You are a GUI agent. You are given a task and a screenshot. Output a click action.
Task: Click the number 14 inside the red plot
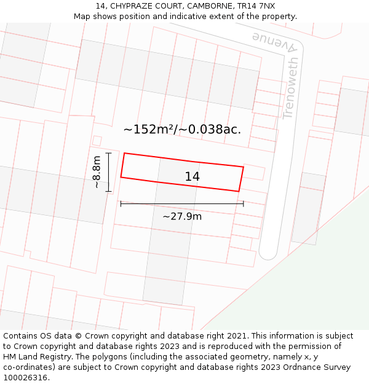coord(192,177)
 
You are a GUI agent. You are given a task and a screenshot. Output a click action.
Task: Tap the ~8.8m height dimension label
coord(97,172)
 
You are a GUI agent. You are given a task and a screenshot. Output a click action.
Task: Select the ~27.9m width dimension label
coord(182,216)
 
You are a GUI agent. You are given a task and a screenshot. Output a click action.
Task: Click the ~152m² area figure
coord(150,130)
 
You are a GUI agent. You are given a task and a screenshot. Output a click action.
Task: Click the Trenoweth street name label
coord(291,88)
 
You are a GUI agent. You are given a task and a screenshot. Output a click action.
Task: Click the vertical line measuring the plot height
coord(108,172)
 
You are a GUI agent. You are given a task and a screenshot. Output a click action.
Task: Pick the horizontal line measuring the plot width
coord(182,203)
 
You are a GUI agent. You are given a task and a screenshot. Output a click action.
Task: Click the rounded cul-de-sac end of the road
coord(268,252)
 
